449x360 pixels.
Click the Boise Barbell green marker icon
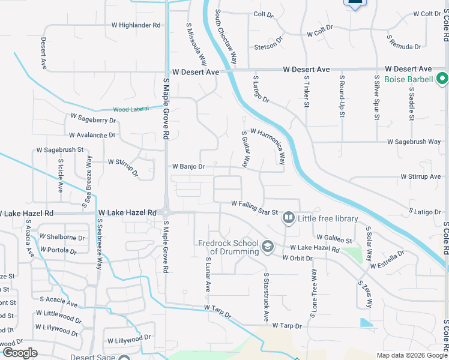[x=442, y=79]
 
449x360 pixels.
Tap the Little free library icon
[x=289, y=218]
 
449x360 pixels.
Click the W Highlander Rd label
[x=136, y=25]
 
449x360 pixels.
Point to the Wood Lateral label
[x=129, y=110]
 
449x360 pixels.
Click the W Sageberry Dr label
[x=93, y=118]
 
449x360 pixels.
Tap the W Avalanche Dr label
[x=92, y=136]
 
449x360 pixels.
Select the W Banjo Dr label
[x=189, y=166]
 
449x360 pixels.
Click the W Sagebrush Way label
[x=414, y=142]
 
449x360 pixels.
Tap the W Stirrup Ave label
[x=421, y=177]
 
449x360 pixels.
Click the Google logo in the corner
[x=20, y=353]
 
